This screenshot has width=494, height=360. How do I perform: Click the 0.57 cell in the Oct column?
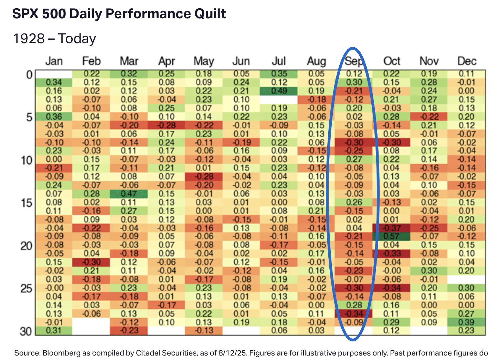pos(391,237)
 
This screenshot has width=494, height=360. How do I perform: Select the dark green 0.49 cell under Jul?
pos(279,91)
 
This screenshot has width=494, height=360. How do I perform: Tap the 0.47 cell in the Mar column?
pos(129,194)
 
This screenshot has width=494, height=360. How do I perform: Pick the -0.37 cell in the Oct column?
pos(391,228)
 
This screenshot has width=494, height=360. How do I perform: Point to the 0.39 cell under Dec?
pos(466,322)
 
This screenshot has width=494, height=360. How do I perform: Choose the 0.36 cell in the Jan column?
pos(54,117)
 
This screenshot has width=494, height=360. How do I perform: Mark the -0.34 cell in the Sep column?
pos(354,313)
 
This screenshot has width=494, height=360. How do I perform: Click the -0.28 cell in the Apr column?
pos(166,125)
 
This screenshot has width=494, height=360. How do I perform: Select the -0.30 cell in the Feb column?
pos(91,262)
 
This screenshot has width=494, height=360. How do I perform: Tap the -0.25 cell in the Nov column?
pos(429,228)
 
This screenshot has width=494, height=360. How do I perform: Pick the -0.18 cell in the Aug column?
pos(316,100)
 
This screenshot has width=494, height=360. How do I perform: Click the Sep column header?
pos(354,61)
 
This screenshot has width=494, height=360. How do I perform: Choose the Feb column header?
pos(91,61)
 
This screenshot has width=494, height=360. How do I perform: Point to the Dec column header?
pos(466,61)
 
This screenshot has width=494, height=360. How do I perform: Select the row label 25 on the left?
pos(26,288)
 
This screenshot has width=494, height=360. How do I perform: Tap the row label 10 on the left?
pos(26,160)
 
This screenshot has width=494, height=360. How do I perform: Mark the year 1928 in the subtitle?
pos(29,39)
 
